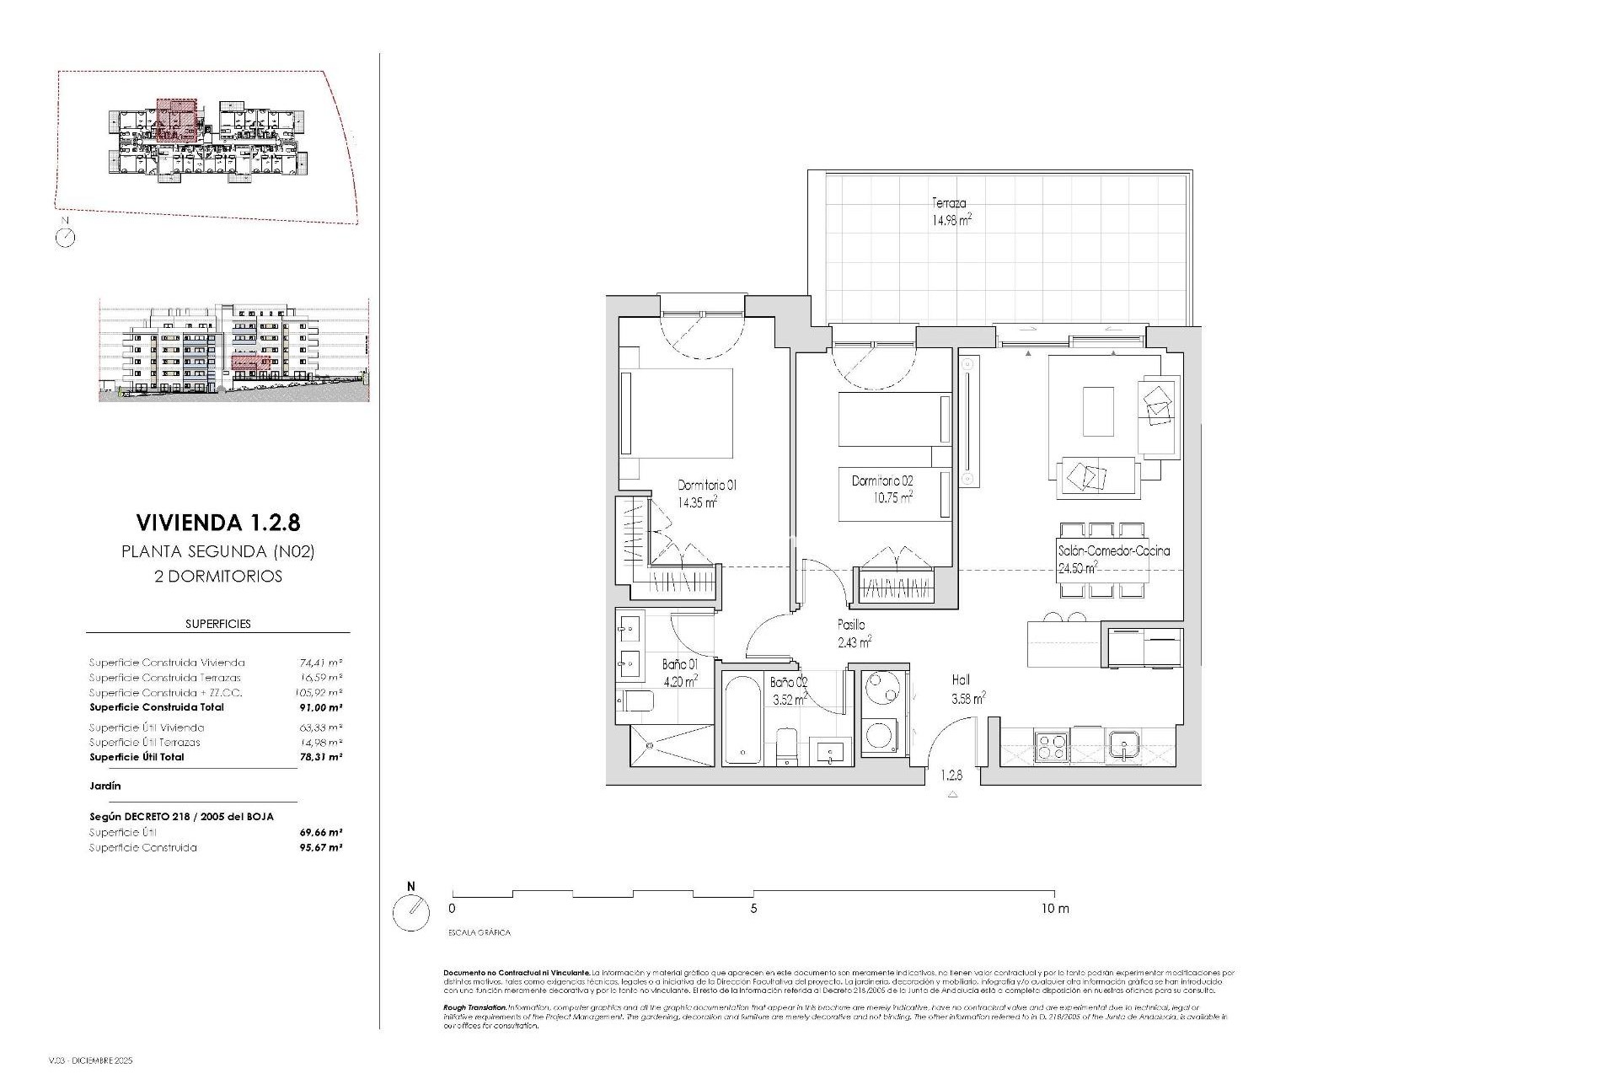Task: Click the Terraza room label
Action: click(x=948, y=203)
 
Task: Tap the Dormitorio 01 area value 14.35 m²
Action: click(x=697, y=502)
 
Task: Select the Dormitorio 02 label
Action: click(x=881, y=480)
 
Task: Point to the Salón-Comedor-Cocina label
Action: click(x=1113, y=550)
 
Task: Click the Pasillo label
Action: click(x=850, y=625)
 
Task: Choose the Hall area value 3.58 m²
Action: click(x=968, y=698)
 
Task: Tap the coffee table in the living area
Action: click(x=1097, y=411)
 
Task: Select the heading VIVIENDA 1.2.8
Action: click(x=217, y=523)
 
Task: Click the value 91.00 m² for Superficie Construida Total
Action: click(x=321, y=707)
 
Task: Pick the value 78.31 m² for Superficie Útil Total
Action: click(x=321, y=757)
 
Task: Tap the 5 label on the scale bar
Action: click(x=753, y=909)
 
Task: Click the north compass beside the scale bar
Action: click(x=411, y=912)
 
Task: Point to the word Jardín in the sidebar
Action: click(x=105, y=786)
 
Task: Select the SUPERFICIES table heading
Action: click(x=217, y=624)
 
